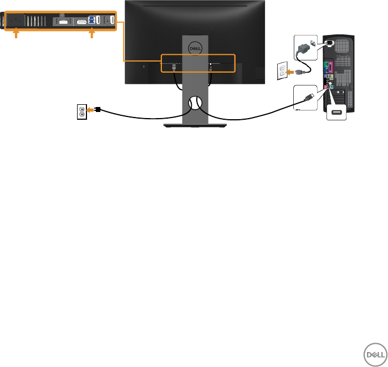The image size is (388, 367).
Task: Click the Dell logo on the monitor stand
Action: coord(194,48)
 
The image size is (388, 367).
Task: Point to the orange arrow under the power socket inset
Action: coord(16,34)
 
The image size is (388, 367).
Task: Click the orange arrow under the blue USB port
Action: coord(92,34)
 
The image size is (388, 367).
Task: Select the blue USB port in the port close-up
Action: coord(92,22)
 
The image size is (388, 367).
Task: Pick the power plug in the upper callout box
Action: coord(304,45)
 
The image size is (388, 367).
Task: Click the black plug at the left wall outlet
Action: coord(97,110)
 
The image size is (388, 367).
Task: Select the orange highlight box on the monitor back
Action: coord(198,63)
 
